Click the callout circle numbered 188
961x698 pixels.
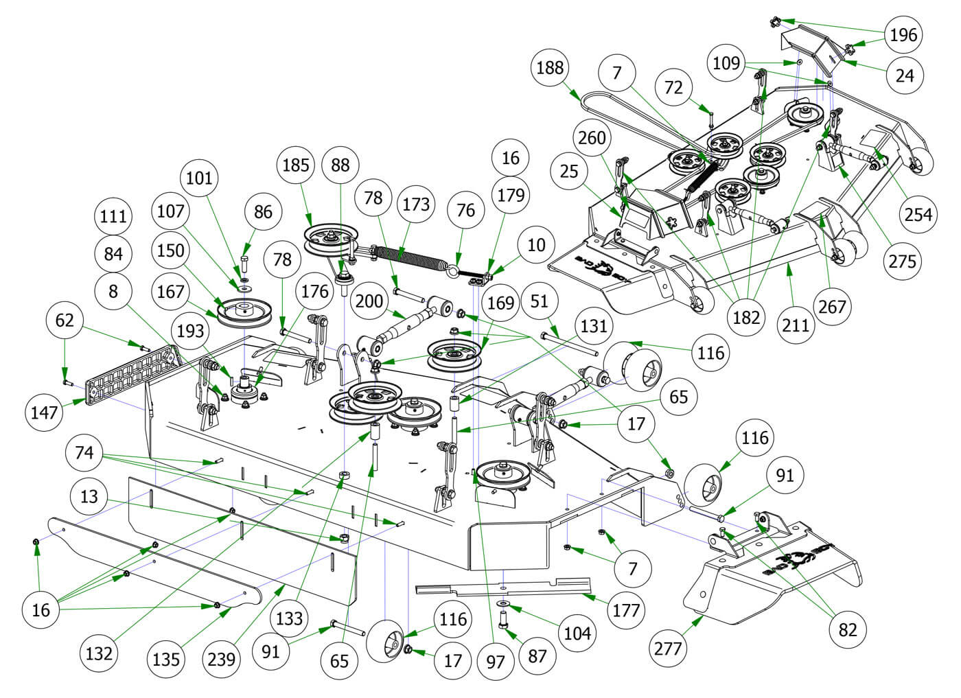[x=551, y=67]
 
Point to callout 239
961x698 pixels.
[x=221, y=659]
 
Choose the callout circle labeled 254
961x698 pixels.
[x=918, y=215]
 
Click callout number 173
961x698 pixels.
[x=416, y=204]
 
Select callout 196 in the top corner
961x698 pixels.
[x=903, y=34]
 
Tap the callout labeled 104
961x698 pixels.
[x=577, y=633]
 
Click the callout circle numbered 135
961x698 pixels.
[x=166, y=659]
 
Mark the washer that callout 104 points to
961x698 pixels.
[x=504, y=602]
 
